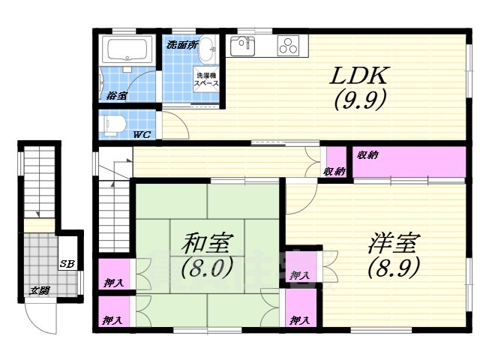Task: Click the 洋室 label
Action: pos(393,243)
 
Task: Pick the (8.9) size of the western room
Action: pos(393,265)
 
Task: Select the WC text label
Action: pos(142,135)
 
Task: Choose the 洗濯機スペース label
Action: pos(206,79)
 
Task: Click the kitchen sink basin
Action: pos(244,45)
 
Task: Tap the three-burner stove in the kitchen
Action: pos(289,46)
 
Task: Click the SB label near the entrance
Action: pos(67,263)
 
